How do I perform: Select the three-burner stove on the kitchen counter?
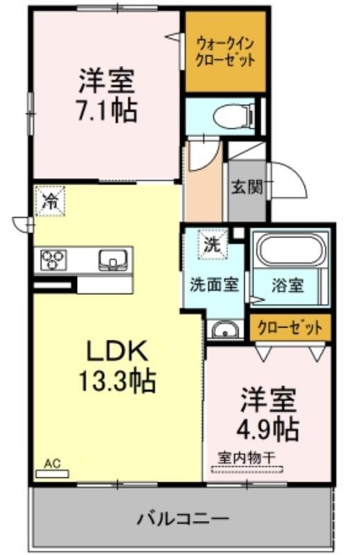pyautogui.click(x=53, y=259)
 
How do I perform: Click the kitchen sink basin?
pyautogui.click(x=113, y=260)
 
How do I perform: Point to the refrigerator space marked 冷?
pyautogui.click(x=50, y=201)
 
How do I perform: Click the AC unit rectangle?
pyautogui.click(x=53, y=474)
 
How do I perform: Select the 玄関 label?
pyautogui.click(x=248, y=187)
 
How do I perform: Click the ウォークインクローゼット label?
pyautogui.click(x=225, y=53)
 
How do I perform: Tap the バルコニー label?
pyautogui.click(x=182, y=519)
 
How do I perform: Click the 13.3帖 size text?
pyautogui.click(x=117, y=380)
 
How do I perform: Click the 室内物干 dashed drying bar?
pyautogui.click(x=247, y=470)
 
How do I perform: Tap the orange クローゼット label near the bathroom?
pyautogui.click(x=290, y=327)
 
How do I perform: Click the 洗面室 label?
pyautogui.click(x=214, y=284)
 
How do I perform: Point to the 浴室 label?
pyautogui.click(x=287, y=285)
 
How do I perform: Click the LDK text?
pyautogui.click(x=117, y=350)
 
